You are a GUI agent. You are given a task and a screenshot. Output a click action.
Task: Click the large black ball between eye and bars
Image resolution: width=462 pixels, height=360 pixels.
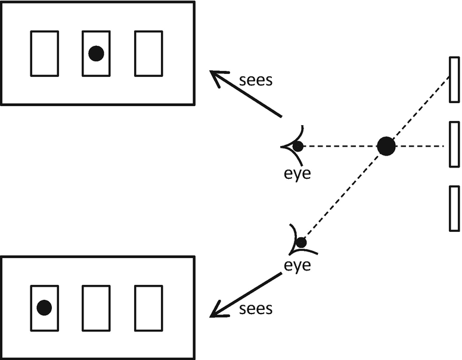[x=386, y=145]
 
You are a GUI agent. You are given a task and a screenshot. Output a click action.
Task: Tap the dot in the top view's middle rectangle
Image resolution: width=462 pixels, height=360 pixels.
[x=96, y=54]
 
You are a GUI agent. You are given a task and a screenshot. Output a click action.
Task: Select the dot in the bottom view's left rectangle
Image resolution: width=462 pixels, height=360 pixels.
[x=44, y=308]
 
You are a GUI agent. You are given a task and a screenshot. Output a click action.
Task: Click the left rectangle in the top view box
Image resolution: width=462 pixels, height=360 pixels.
[x=44, y=54]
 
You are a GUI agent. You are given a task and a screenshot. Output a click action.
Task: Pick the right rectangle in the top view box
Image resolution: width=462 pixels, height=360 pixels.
[x=148, y=54]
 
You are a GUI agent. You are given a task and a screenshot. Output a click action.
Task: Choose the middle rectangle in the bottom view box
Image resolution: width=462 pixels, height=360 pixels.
[x=96, y=308]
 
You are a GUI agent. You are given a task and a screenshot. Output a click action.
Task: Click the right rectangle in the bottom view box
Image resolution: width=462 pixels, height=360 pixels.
[x=148, y=308]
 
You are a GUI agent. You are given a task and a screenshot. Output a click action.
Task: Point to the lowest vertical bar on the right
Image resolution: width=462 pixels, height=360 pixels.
[x=454, y=208]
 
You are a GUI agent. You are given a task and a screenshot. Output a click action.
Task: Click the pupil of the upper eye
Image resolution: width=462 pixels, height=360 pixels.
[x=297, y=146]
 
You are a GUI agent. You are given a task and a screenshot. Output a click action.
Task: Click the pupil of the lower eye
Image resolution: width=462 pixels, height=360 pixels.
[x=301, y=243]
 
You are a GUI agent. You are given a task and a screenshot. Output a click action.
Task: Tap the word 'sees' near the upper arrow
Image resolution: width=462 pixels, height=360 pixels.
[x=255, y=80]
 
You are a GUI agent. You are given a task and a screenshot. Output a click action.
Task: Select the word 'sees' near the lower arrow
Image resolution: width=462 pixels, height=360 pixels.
[x=255, y=308]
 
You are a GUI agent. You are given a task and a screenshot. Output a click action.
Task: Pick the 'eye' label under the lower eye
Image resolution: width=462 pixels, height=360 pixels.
[x=297, y=265]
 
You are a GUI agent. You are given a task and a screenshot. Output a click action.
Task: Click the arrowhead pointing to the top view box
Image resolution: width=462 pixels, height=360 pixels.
[x=218, y=76]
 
